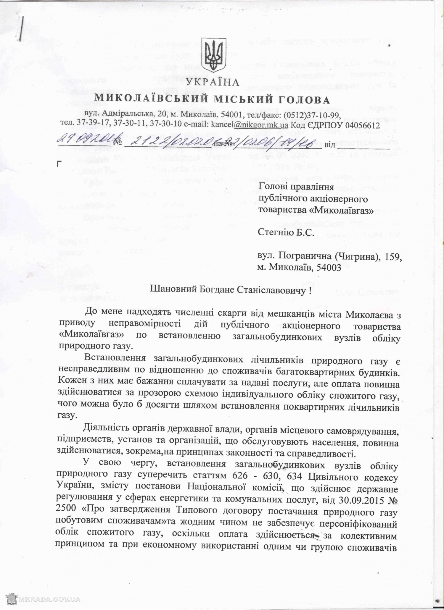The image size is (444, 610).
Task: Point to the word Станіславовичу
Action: tap(272, 289)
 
